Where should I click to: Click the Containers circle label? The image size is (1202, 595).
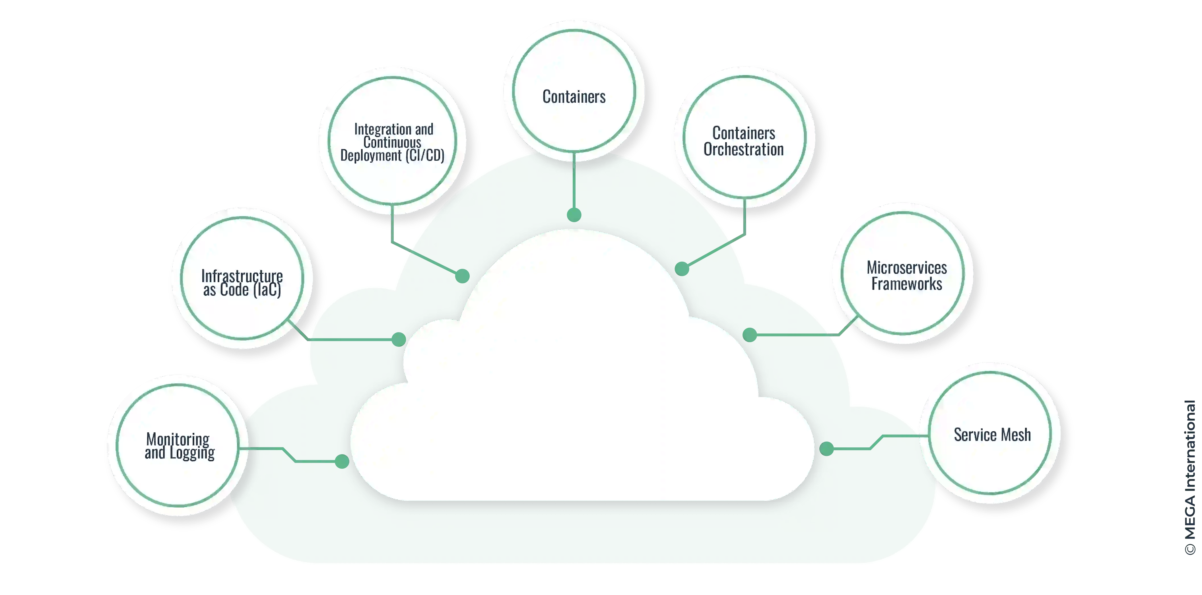[574, 96]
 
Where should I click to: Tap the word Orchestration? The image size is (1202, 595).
[743, 150]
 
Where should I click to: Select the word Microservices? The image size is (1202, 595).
[907, 268]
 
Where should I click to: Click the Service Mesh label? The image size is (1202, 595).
[992, 435]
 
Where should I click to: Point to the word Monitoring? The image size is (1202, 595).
[178, 439]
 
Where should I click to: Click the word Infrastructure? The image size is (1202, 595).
[242, 276]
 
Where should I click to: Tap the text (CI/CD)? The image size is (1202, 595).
[425, 155]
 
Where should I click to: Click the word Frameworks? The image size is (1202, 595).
[907, 284]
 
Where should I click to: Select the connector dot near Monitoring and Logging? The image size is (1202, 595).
[343, 462]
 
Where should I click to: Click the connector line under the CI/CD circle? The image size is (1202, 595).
[392, 224]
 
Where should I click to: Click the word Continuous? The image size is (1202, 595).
[392, 142]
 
